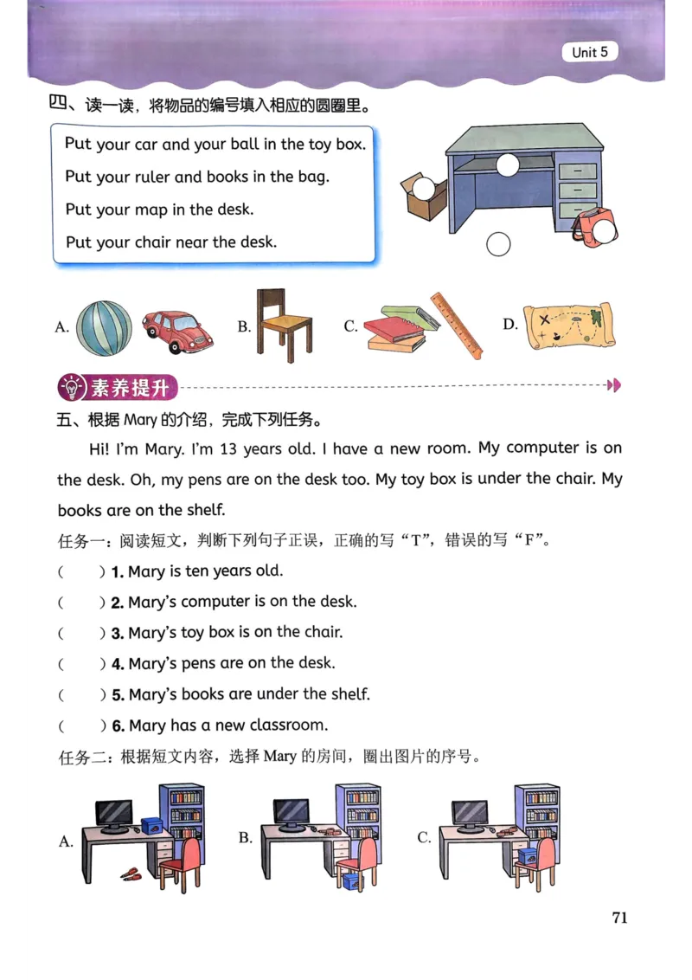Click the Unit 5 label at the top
[590, 52]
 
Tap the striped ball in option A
[105, 327]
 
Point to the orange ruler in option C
[458, 325]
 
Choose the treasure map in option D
[569, 326]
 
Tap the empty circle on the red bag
[607, 229]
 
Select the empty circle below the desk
[498, 245]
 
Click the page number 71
[619, 918]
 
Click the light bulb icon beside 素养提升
[70, 387]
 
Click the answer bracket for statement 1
[80, 571]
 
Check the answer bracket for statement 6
[80, 725]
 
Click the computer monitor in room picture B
[292, 812]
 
